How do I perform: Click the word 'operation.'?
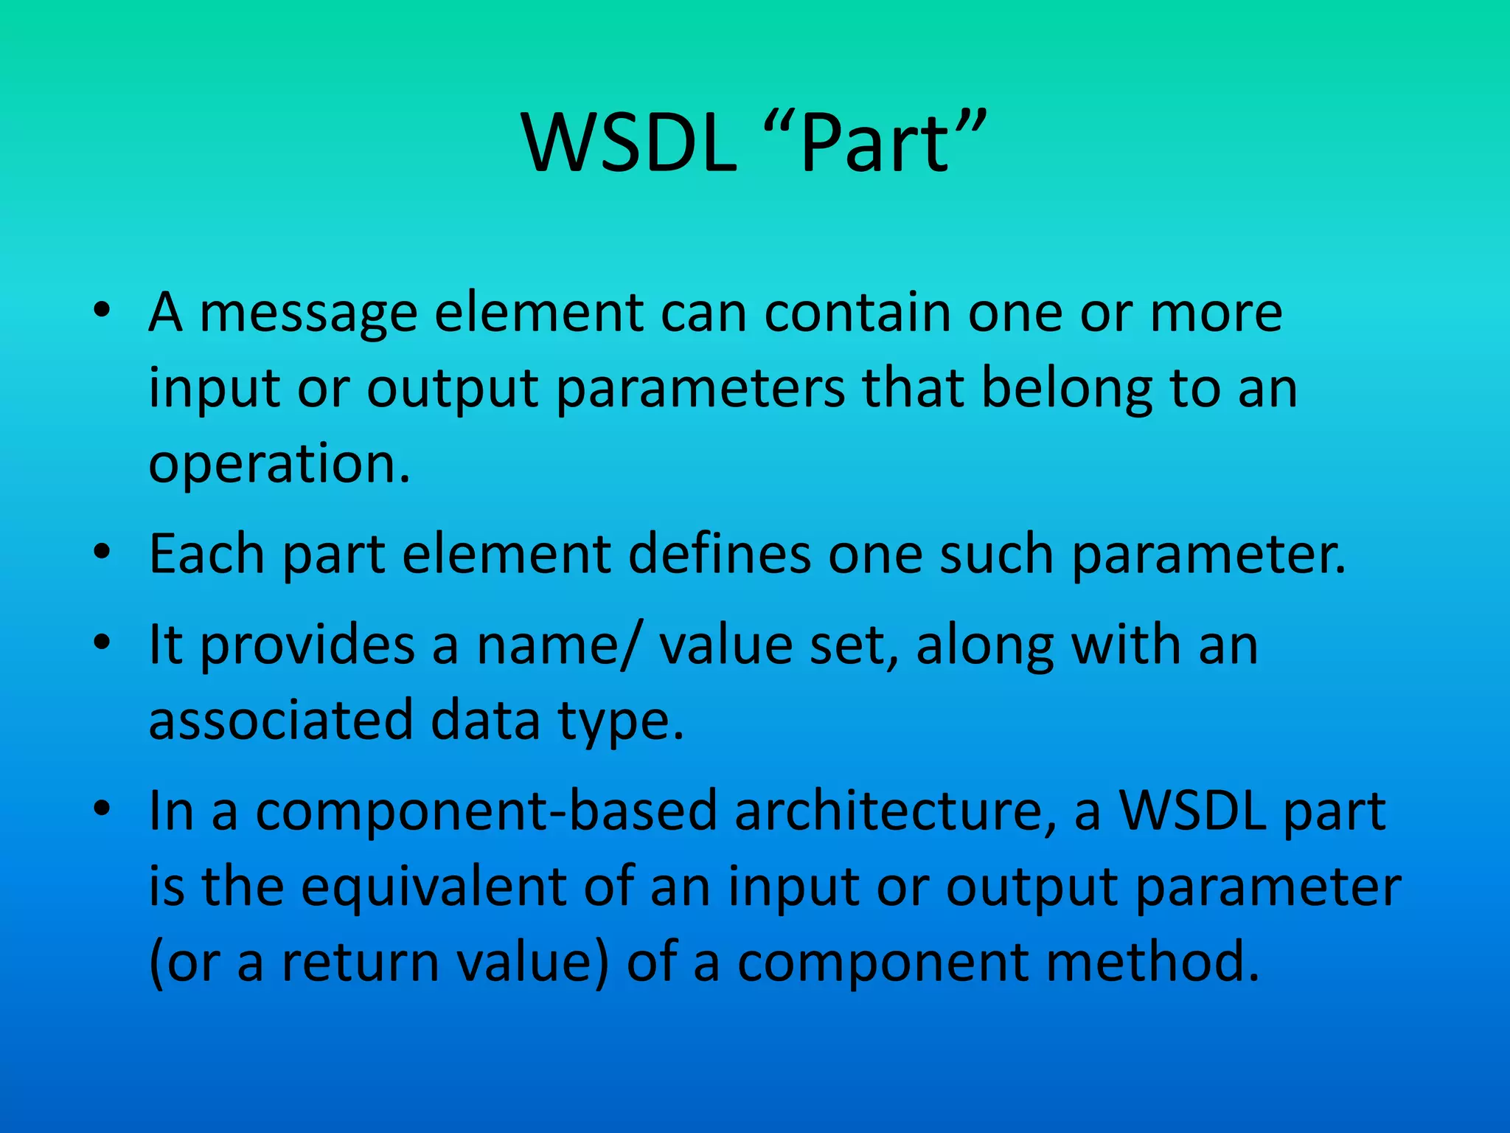click(x=279, y=465)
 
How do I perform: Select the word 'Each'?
click(x=206, y=554)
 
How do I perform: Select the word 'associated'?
click(x=280, y=721)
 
